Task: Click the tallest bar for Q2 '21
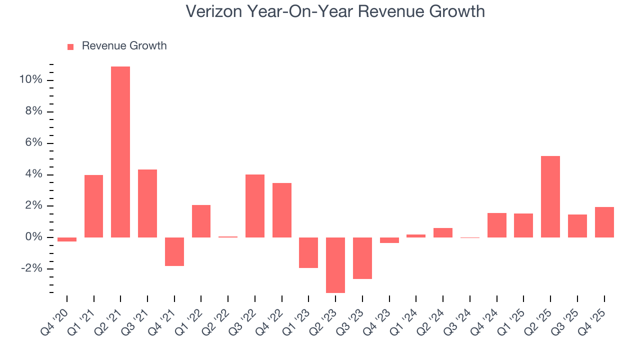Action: click(x=120, y=152)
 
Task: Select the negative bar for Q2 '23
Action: click(x=335, y=265)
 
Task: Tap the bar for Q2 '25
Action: click(x=550, y=196)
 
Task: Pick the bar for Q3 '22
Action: click(x=255, y=206)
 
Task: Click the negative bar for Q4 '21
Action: click(x=174, y=251)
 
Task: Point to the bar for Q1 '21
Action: click(x=93, y=206)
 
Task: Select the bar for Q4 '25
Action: click(x=604, y=222)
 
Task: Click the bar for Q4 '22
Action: click(x=282, y=210)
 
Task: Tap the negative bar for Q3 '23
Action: click(x=362, y=258)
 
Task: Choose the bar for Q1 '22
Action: click(x=201, y=221)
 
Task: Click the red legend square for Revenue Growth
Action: click(x=70, y=46)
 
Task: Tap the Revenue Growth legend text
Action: click(x=124, y=46)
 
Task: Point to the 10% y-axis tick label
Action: click(x=30, y=80)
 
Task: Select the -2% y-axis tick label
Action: click(x=31, y=269)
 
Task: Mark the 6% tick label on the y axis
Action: click(x=33, y=143)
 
